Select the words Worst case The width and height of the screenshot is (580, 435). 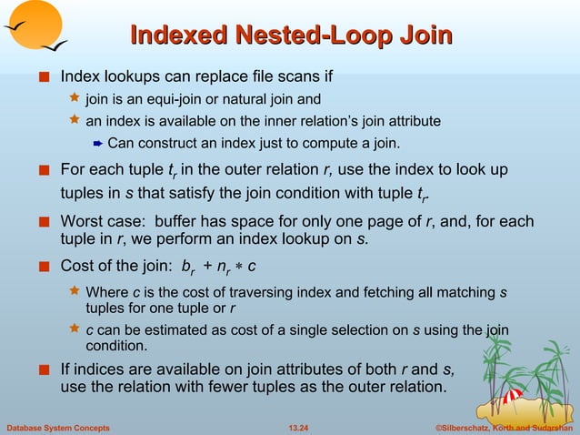click(100, 222)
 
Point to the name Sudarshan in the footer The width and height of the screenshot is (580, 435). click(545, 427)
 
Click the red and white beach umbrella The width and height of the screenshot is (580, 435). click(511, 396)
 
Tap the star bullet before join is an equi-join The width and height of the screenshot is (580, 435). click(75, 97)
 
